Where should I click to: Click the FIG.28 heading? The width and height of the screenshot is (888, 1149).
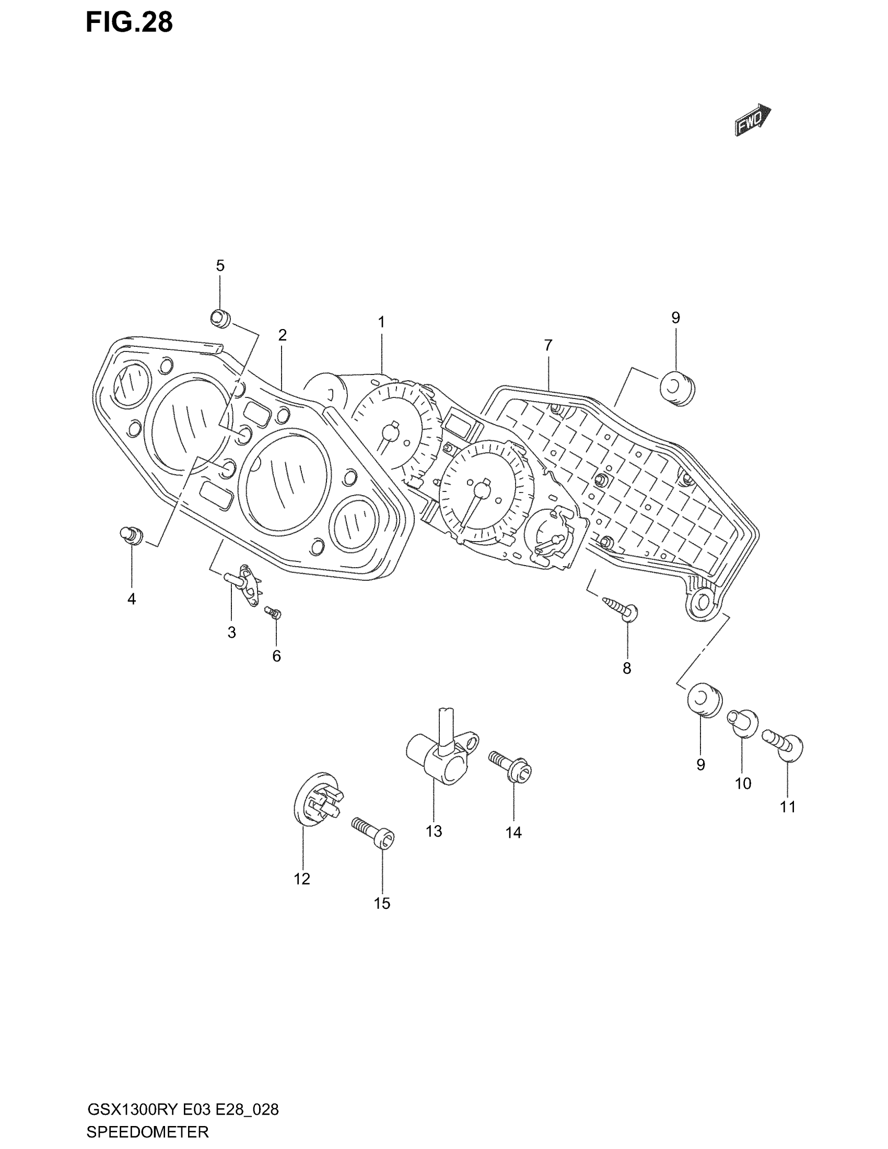click(x=130, y=24)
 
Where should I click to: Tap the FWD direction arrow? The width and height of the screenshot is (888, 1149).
click(x=752, y=121)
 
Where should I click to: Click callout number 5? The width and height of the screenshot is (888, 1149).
click(x=220, y=266)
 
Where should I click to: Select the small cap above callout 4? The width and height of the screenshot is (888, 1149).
click(x=131, y=535)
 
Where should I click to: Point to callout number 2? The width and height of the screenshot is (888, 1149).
click(x=283, y=335)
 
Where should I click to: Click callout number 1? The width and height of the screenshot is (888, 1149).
click(x=381, y=322)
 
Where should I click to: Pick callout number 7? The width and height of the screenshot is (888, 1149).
click(x=548, y=346)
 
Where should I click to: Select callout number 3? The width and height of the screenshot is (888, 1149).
click(x=231, y=633)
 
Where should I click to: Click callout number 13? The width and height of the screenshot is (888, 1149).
click(x=434, y=832)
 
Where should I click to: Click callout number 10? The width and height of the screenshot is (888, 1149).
click(x=743, y=784)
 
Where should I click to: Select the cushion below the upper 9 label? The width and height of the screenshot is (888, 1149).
click(x=677, y=389)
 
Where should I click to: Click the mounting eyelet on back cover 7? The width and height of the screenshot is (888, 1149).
click(x=702, y=602)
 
